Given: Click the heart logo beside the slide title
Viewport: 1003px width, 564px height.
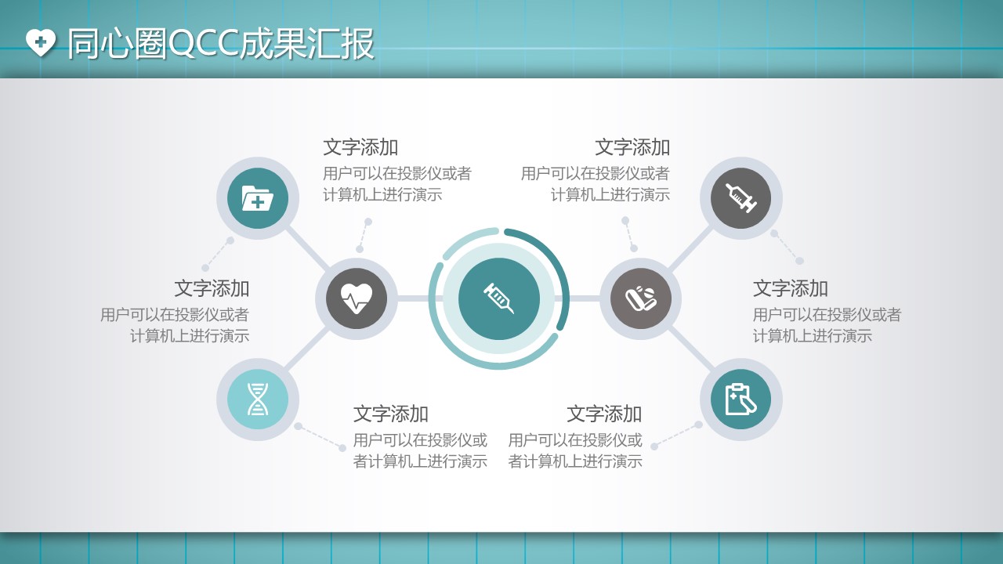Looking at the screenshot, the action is (x=40, y=42).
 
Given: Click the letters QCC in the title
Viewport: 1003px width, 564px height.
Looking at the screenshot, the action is (x=205, y=44).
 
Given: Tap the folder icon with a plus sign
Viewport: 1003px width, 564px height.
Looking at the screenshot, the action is (x=258, y=198).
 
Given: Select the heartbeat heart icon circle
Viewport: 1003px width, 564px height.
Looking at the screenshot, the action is (x=357, y=298).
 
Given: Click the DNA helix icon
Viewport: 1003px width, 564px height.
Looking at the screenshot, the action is (x=258, y=399).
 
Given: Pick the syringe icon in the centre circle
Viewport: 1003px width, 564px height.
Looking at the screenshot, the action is (x=498, y=298).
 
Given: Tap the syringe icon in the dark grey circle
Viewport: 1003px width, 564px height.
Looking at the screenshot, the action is (x=741, y=198).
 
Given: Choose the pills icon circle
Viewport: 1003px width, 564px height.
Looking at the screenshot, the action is (x=641, y=298).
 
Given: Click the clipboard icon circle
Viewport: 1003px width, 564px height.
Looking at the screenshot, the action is (x=741, y=399).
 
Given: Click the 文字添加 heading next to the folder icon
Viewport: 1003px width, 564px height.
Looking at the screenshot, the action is (x=360, y=147).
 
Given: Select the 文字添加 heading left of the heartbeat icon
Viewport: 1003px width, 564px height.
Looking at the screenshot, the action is (x=212, y=288).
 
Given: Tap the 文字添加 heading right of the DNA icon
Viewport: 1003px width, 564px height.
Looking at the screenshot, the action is (x=390, y=414).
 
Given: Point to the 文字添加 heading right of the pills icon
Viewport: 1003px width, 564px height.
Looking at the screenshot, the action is (x=791, y=288).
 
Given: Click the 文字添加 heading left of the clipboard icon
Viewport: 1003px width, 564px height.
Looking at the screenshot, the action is (x=604, y=414).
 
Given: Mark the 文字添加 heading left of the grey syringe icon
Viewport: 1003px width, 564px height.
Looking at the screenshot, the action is (x=632, y=147).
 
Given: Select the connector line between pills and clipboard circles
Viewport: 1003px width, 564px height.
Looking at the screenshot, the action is (x=691, y=349).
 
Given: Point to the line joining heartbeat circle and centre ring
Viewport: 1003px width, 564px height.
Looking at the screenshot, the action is (x=413, y=298).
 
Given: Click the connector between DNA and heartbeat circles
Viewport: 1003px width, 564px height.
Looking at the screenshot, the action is (x=307, y=349).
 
